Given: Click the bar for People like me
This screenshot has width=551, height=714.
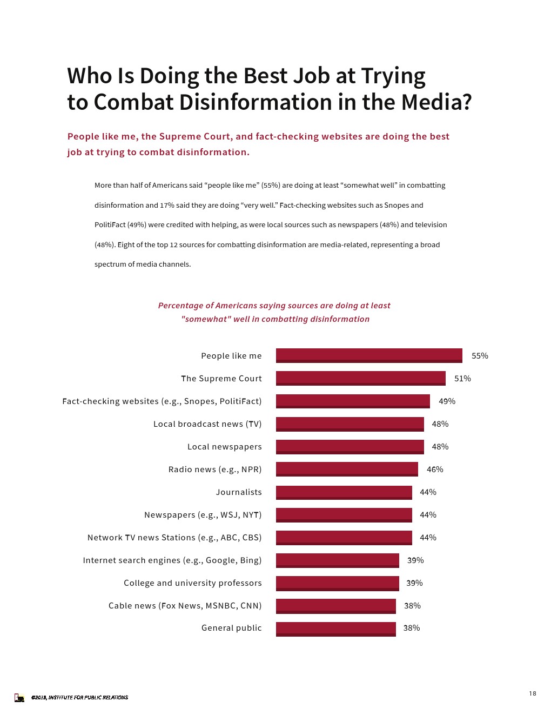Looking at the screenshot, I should [x=369, y=355].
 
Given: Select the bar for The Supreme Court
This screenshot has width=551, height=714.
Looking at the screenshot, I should [x=360, y=378].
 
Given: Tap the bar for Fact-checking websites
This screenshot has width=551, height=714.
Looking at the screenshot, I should [x=353, y=401].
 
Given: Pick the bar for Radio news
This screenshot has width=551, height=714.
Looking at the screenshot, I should [x=347, y=469].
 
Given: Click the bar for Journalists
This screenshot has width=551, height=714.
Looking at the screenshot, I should [x=344, y=492].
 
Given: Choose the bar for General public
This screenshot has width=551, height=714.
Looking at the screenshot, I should [x=335, y=629].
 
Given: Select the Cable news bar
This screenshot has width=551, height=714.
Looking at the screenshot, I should [x=335, y=606].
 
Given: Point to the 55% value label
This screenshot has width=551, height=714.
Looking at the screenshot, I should [x=480, y=356].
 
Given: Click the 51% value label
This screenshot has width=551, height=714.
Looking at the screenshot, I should [x=462, y=379].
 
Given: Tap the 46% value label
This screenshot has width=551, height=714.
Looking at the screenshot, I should [x=435, y=470].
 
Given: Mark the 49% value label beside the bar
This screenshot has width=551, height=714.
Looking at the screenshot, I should [x=447, y=401].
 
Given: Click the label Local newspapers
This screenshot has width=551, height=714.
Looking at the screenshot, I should [x=224, y=447].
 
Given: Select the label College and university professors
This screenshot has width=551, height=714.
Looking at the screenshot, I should [x=192, y=583].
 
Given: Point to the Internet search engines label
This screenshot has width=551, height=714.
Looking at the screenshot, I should [x=172, y=560].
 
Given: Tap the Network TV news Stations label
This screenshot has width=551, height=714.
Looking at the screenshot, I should [x=174, y=538].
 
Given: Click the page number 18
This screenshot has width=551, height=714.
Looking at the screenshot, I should [x=533, y=693].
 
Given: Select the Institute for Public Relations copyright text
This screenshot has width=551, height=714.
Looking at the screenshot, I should [x=79, y=698].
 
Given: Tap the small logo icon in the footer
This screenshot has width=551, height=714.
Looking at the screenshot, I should [x=19, y=698].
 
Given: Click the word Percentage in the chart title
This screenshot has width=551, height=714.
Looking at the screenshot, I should [x=180, y=306].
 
